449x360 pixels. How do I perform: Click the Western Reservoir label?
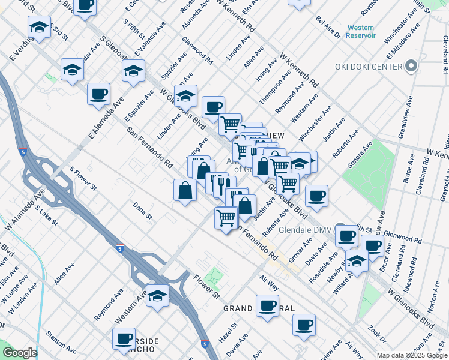tap(361, 32)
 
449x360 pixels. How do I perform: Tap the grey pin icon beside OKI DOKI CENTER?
tap(411, 66)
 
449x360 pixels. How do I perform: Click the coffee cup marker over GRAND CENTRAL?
tap(267, 305)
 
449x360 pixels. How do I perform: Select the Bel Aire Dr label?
tap(328, 25)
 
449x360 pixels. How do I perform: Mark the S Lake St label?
tap(46, 215)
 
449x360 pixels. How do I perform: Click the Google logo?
tap(19, 353)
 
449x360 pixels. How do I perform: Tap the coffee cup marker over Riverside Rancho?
tap(124, 338)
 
